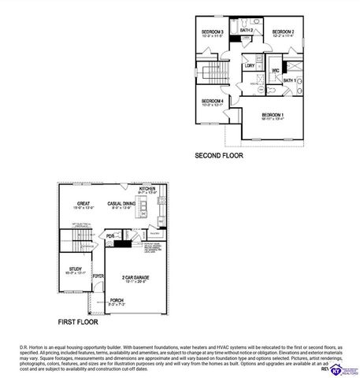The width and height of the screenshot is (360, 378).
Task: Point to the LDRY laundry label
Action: tap(250, 65)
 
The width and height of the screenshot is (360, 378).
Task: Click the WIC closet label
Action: tap(276, 71)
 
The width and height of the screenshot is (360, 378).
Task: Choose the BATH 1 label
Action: tap(288, 80)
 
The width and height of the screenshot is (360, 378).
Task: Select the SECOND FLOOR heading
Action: tap(219, 156)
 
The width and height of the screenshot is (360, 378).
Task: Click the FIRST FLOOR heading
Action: tap(77, 322)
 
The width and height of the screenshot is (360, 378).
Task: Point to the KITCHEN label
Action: tap(148, 190)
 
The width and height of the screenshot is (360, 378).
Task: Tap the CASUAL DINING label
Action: tap(123, 204)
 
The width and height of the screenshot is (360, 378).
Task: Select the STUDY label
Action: tap(76, 269)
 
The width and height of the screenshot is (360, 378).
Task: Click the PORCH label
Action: tap(117, 300)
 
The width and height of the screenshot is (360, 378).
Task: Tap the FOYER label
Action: tap(98, 277)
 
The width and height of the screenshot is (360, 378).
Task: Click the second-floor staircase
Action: tap(214, 75)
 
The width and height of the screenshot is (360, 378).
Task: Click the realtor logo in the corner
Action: tap(340, 369)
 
